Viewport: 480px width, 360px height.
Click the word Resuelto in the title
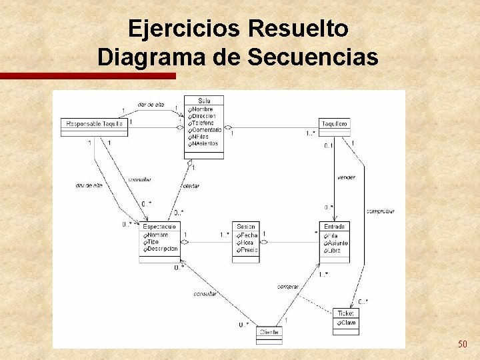297,29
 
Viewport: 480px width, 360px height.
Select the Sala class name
204,101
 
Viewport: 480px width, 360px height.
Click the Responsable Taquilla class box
94,124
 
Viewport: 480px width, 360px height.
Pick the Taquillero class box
334,124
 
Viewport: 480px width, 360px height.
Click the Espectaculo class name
159,227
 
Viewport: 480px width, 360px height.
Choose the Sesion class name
245,227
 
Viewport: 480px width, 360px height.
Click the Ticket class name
345,313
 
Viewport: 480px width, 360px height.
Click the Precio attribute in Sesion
249,250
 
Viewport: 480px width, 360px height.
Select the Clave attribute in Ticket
348,323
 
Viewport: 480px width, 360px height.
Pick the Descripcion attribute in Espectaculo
163,249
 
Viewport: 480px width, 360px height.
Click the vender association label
346,177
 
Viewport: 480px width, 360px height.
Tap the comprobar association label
381,211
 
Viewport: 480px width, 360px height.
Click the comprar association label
288,286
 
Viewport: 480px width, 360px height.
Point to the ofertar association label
191,186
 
